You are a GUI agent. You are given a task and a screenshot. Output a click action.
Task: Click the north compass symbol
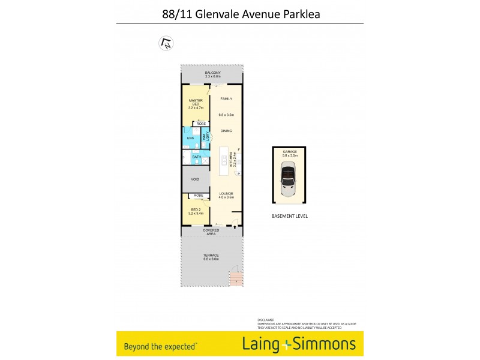click(166, 43)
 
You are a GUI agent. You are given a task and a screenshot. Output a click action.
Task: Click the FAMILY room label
click(226, 98)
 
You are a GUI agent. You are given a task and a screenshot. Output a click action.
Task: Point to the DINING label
click(226, 130)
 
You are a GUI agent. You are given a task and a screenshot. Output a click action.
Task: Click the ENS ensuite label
click(190, 139)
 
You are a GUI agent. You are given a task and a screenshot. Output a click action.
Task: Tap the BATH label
click(197, 157)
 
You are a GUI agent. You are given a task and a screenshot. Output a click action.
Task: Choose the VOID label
click(195, 179)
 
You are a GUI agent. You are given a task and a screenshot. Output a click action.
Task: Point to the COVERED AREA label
click(211, 232)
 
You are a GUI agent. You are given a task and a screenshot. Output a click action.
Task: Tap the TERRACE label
click(211, 256)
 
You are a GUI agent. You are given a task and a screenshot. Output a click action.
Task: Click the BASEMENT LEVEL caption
click(289, 216)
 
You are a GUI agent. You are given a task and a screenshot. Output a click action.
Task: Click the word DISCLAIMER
click(266, 320)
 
